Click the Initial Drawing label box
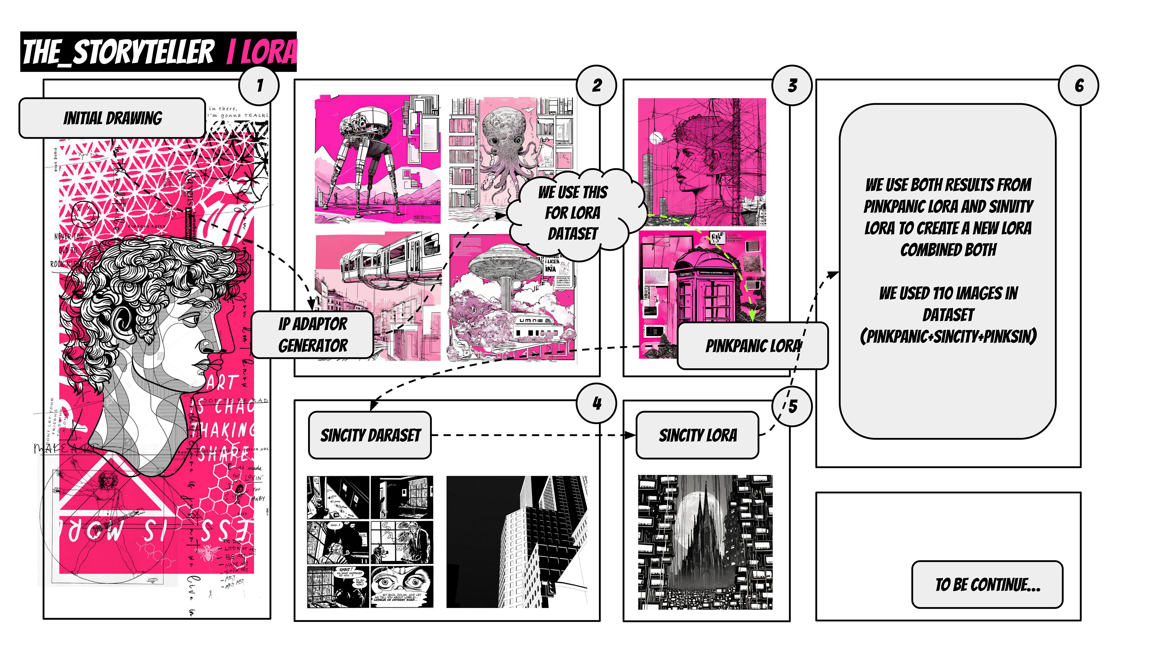112,118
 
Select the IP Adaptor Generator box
312,335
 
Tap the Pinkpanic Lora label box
753,346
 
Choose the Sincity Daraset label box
370,435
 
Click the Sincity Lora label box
698,435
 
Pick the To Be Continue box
987,584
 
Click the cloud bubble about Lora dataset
573,213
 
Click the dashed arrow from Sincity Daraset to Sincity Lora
533,435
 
